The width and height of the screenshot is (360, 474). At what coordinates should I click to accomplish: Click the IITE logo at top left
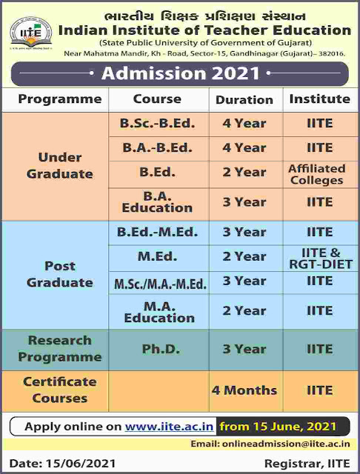click(31, 33)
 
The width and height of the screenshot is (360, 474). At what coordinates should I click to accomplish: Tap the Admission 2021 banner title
click(181, 73)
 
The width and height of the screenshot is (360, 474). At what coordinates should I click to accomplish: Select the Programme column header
click(60, 99)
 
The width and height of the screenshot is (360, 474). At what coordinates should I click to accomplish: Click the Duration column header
click(244, 100)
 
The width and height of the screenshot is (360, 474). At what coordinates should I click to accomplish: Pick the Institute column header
click(320, 99)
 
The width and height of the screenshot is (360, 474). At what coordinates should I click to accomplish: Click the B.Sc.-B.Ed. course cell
click(158, 124)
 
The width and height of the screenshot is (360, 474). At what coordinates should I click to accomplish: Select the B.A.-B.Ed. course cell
click(158, 148)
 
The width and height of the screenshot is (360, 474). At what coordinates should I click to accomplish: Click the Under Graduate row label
click(60, 166)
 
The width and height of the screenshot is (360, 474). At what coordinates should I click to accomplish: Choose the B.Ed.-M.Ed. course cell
click(158, 232)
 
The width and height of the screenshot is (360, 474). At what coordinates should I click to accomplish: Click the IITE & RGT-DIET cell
click(321, 258)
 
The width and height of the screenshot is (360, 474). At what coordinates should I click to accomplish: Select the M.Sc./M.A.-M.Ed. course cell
click(160, 284)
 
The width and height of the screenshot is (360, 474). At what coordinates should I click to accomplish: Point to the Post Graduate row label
click(60, 274)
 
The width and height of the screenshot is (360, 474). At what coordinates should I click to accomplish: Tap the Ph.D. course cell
click(161, 349)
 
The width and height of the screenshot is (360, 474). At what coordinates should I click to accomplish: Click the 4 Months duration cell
click(244, 390)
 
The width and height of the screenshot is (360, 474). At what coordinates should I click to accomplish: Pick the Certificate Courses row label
click(60, 390)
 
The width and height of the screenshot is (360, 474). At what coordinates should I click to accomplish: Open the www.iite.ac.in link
click(170, 427)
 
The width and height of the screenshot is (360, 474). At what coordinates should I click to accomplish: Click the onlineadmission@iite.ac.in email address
click(286, 444)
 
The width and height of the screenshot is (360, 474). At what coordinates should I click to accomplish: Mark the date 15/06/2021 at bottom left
click(81, 464)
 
